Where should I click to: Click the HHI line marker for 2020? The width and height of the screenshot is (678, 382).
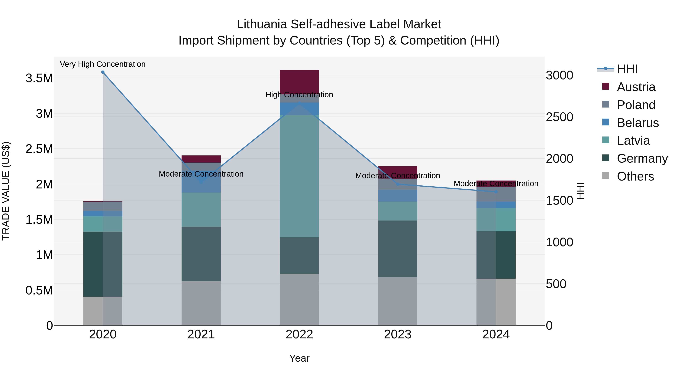[x=103, y=72]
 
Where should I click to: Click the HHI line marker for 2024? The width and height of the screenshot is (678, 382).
[x=496, y=192]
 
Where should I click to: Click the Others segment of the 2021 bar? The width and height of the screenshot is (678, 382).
[x=201, y=303]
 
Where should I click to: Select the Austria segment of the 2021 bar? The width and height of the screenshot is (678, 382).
[x=201, y=159]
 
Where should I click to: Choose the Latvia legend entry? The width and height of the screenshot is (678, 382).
[x=633, y=141]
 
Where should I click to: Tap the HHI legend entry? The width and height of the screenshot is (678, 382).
[x=627, y=69]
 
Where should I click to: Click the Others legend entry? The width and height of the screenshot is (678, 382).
[x=635, y=176]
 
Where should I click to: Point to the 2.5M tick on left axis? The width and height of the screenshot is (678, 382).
[x=39, y=149]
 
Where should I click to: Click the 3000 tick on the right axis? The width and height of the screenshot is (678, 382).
[x=559, y=75]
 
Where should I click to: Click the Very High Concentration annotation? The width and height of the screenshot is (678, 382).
[x=103, y=64]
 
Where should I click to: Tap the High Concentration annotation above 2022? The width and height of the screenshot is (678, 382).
[x=299, y=95]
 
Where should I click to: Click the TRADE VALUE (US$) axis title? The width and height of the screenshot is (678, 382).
[x=6, y=191]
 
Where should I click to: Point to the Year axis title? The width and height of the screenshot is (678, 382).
[x=299, y=358]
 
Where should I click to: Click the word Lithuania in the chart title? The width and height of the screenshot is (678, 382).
[x=262, y=24]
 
